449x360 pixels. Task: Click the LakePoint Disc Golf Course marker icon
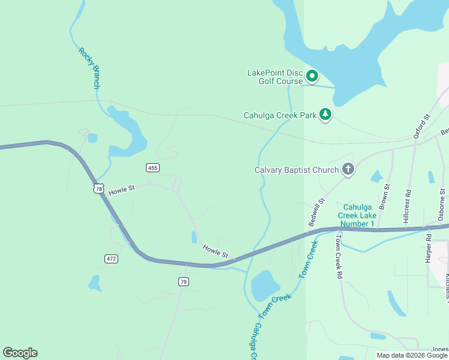point(312,76)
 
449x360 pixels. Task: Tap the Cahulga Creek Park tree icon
point(325,115)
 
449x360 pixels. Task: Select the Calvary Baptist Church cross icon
point(348,170)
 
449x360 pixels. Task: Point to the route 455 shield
point(152,167)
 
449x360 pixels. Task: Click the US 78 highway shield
point(99,188)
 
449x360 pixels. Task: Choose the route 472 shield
point(111,259)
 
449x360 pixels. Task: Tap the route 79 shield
point(184,281)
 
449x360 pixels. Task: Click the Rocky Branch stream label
point(89,68)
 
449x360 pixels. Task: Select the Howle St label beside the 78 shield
point(122,188)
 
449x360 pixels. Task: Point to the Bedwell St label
point(316,212)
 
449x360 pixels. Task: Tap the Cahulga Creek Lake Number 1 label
point(359,215)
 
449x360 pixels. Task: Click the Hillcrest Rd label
point(408,206)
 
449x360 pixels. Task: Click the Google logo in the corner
point(20,353)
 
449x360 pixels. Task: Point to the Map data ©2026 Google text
point(412,355)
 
